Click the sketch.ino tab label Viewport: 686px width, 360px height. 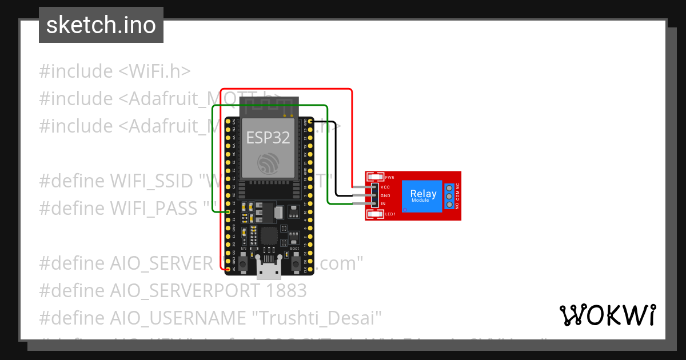click(101, 25)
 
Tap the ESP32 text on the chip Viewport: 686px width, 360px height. click(268, 137)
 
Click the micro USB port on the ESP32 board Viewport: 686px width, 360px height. click(269, 268)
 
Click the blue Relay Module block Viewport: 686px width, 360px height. click(423, 196)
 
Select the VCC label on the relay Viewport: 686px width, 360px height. click(385, 187)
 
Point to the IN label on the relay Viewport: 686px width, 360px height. click(383, 204)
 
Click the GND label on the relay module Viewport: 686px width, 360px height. click(385, 195)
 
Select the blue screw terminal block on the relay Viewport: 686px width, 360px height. click(450, 196)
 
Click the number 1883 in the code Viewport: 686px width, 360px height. click(286, 290)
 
